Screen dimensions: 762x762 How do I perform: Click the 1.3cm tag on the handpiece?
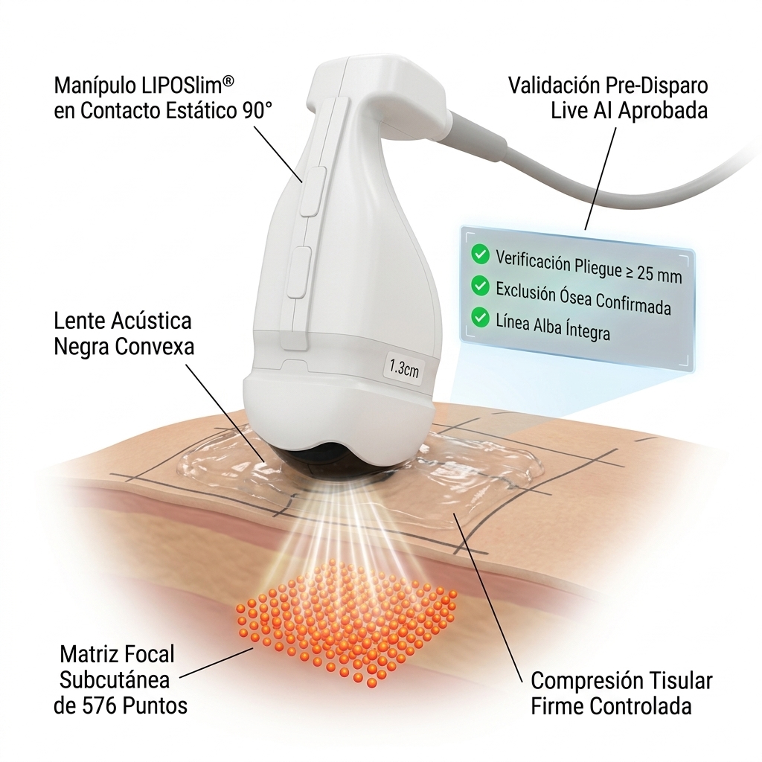pyautogui.click(x=403, y=368)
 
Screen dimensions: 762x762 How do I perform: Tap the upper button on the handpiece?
pyautogui.click(x=313, y=191)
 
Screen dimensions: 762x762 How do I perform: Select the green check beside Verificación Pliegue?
pyautogui.click(x=481, y=254)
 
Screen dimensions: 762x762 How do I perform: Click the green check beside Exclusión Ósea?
pyautogui.click(x=481, y=286)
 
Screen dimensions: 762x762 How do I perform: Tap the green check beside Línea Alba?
pyautogui.click(x=481, y=318)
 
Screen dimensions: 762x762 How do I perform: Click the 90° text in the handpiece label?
pyautogui.click(x=257, y=110)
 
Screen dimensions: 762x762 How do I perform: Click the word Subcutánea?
pyautogui.click(x=114, y=680)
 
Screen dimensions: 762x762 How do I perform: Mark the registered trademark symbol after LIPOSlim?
pyautogui.click(x=228, y=82)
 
